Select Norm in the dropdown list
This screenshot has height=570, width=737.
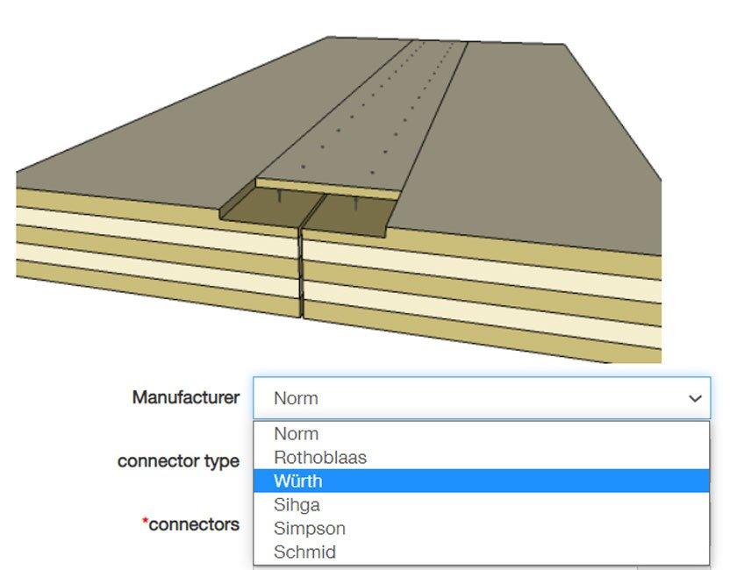(297, 434)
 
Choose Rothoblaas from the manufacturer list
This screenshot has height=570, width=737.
(320, 458)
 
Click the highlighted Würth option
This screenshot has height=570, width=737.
(298, 481)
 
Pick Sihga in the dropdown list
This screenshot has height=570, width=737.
(297, 505)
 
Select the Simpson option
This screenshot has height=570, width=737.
(310, 529)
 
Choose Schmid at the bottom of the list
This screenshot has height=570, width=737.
(304, 552)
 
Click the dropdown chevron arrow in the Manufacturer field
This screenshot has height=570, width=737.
(695, 399)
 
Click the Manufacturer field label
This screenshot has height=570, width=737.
(185, 397)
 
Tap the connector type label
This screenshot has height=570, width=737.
(178, 460)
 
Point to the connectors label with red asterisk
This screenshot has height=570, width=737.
(193, 524)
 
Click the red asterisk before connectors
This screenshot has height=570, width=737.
(145, 522)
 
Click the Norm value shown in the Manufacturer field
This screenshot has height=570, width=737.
(297, 398)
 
